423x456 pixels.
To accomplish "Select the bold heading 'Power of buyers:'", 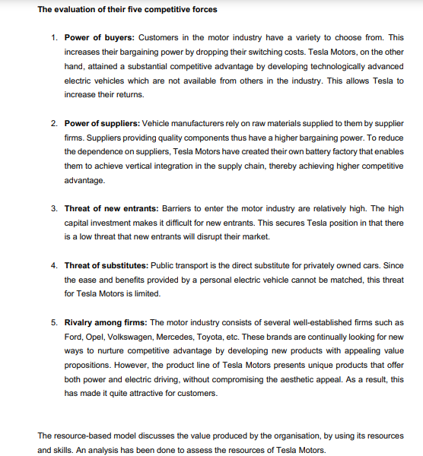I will coord(100,36).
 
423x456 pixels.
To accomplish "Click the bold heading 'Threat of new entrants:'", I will coord(111,207).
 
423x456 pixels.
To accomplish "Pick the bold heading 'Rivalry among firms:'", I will coord(106,323).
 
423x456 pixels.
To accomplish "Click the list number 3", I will coord(54,207).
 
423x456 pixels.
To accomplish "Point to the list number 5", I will coord(54,323).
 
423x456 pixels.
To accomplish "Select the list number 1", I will coord(54,36).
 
